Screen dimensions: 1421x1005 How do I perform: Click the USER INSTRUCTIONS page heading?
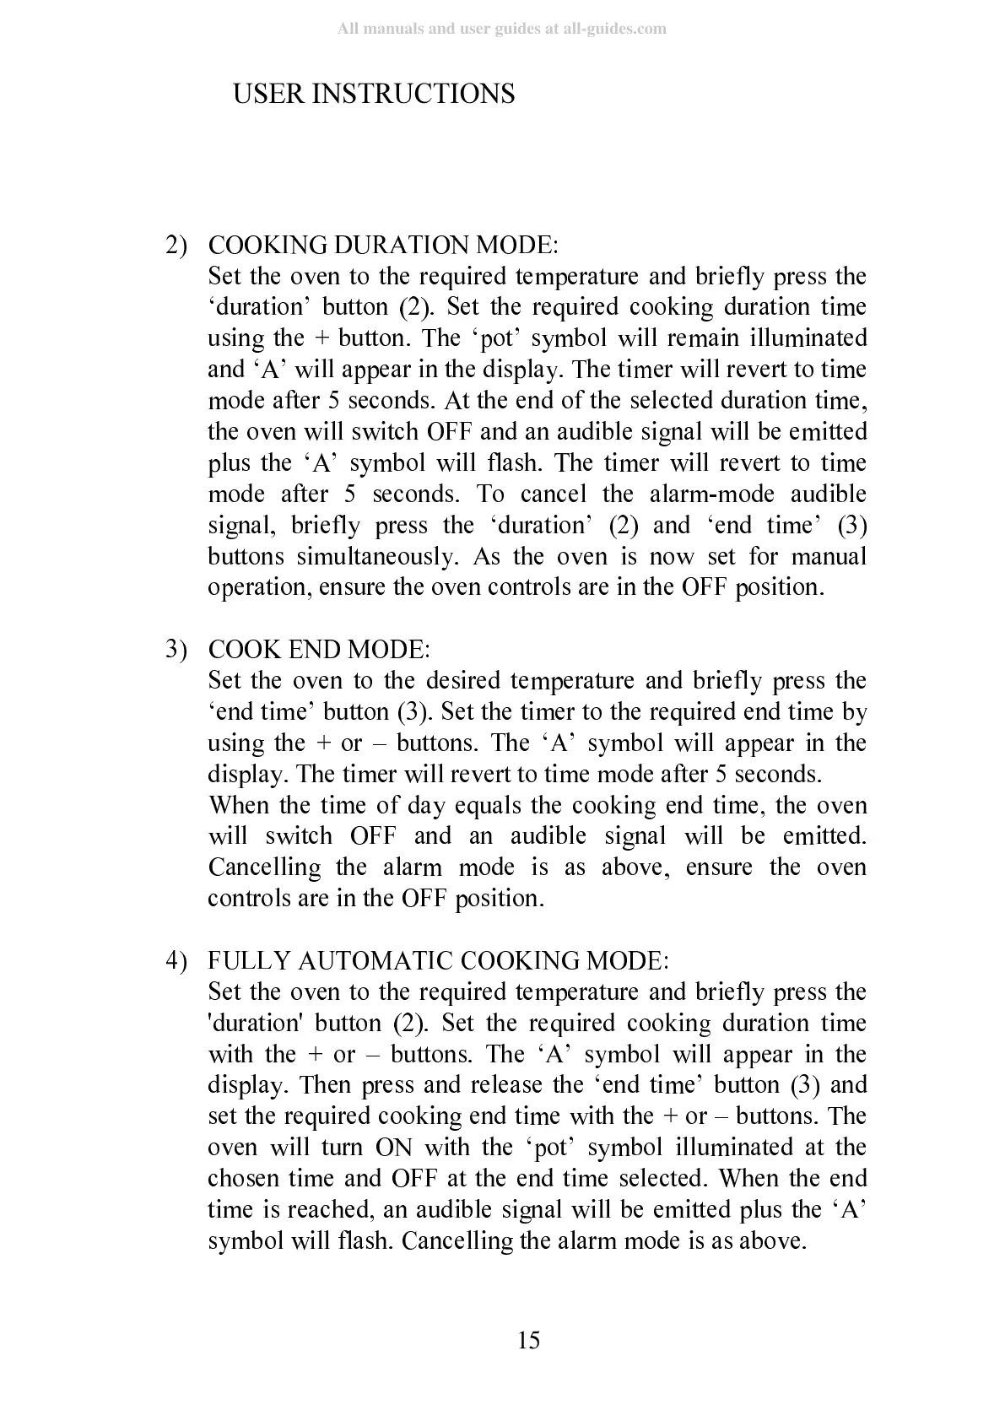[x=373, y=94]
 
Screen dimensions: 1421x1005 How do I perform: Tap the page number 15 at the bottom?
[x=528, y=1340]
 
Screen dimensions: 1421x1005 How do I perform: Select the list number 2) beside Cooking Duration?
[x=176, y=246]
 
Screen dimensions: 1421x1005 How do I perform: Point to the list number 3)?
[x=176, y=650]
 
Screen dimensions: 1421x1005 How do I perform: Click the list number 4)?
[x=176, y=961]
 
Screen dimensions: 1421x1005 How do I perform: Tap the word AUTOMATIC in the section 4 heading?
[x=377, y=961]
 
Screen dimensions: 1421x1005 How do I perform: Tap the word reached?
[x=329, y=1210]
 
